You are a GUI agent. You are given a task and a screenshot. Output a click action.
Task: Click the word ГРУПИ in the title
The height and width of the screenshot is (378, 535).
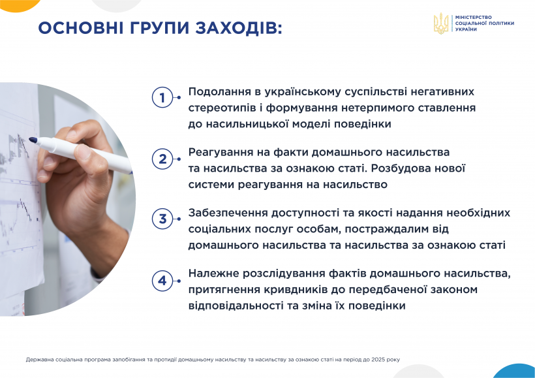click(x=159, y=27)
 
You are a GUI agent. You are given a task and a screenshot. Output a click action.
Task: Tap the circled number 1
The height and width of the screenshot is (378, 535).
click(x=162, y=98)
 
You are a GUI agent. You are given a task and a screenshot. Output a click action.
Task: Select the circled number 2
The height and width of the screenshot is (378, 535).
click(x=162, y=159)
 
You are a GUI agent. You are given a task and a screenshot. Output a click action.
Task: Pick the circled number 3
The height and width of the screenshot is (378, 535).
click(x=162, y=219)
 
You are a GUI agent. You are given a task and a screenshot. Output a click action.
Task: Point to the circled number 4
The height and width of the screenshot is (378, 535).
click(x=162, y=281)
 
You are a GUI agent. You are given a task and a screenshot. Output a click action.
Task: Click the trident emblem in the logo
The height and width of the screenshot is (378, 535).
click(x=441, y=24)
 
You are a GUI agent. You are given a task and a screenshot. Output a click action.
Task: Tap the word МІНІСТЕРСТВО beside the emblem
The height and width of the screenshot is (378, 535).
click(x=473, y=17)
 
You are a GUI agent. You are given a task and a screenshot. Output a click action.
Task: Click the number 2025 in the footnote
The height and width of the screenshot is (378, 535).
click(x=378, y=360)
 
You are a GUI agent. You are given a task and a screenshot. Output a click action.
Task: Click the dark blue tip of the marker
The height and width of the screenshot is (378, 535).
click(x=33, y=140)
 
